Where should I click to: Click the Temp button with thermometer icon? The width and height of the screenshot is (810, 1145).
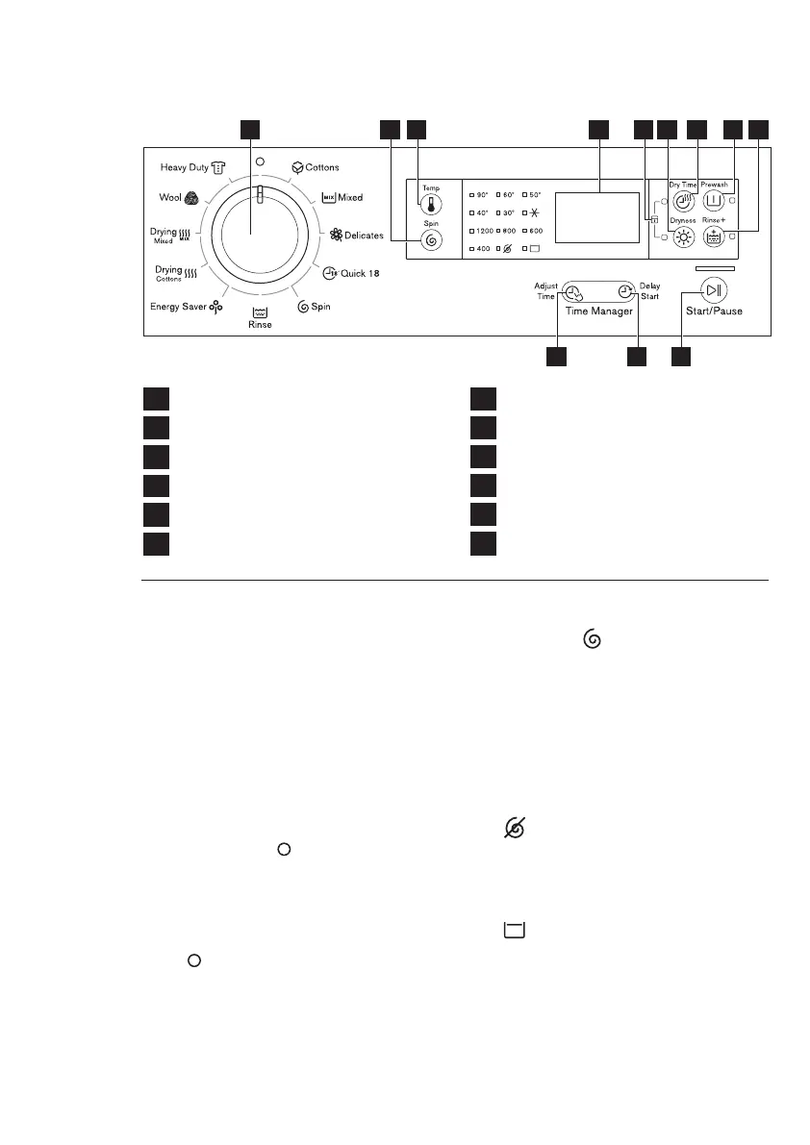click(430, 204)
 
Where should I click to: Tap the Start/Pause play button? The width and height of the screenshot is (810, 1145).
click(713, 290)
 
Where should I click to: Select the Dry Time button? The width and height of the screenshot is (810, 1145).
click(684, 201)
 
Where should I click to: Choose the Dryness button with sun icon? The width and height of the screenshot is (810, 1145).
click(684, 240)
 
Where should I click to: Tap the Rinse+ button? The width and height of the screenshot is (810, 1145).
click(714, 240)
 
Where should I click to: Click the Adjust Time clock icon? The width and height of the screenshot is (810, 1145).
click(573, 293)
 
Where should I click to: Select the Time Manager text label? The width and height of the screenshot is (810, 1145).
click(599, 312)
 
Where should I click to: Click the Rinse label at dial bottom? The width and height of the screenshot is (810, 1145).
click(260, 324)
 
